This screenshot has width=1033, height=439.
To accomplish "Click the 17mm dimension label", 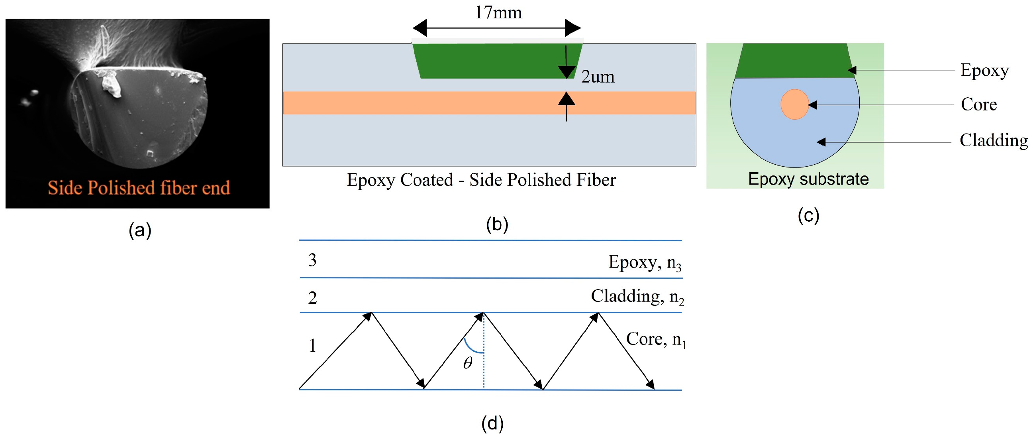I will pos(498,13).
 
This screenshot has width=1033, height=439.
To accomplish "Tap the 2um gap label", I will pos(598,77).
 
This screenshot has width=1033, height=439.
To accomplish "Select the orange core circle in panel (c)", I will pos(794,104).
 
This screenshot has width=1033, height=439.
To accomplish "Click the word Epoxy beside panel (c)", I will pos(984,70).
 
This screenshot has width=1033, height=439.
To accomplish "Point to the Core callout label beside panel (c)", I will pos(978,104).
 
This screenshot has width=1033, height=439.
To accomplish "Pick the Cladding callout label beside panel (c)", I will pos(993,140).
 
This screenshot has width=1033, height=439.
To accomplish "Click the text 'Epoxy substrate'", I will pos(808,179).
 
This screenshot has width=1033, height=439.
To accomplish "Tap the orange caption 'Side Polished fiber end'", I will pos(139,188).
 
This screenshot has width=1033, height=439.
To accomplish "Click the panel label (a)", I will pos(139,230).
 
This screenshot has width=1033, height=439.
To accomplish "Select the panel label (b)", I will pos(497,224).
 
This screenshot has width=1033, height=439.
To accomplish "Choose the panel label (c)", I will pos(808,215).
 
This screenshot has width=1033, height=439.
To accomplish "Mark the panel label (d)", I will pos(492,423).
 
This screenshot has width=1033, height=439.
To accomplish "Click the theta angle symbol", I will pos(468,363).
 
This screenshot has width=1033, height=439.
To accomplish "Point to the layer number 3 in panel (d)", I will pos(312,260).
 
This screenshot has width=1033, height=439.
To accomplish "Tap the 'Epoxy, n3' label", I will pos(645,263).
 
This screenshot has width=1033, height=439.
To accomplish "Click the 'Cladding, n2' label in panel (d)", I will pos(637,297).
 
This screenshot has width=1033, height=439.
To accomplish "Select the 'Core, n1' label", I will pos(656,339).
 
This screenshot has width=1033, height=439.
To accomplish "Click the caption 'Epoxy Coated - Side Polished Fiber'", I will pos(481,180).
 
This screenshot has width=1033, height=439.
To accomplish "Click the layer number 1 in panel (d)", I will pos(312,346).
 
